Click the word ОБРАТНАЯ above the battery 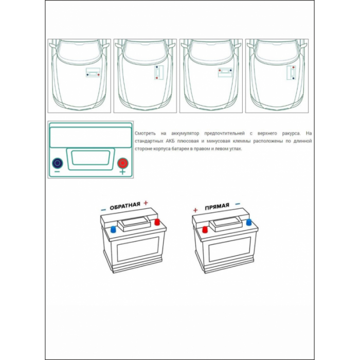pyautogui.click(x=125, y=206)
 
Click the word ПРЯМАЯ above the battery pyautogui.click(x=217, y=206)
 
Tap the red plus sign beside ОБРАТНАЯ pyautogui.click(x=146, y=203)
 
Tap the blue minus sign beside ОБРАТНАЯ pyautogui.click(x=103, y=210)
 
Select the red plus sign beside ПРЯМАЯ pyautogui.click(x=195, y=210)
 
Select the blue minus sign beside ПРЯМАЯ pyautogui.click(x=238, y=204)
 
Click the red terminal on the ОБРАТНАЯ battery pyautogui.click(x=157, y=222)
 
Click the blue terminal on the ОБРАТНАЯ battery pyautogui.click(x=113, y=229)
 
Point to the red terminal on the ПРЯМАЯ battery pyautogui.click(x=205, y=229)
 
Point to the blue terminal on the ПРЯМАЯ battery pyautogui.click(x=248, y=222)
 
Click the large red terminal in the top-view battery pyautogui.click(x=123, y=163)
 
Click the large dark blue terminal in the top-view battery pyautogui.click(x=58, y=163)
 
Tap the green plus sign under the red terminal pyautogui.click(x=123, y=172)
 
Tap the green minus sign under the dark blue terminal pyautogui.click(x=57, y=172)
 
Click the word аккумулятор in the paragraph pyautogui.click(x=185, y=133)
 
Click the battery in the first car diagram pyautogui.click(x=93, y=73)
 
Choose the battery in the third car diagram pyautogui.click(x=225, y=73)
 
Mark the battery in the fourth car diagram pyautogui.click(x=291, y=73)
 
